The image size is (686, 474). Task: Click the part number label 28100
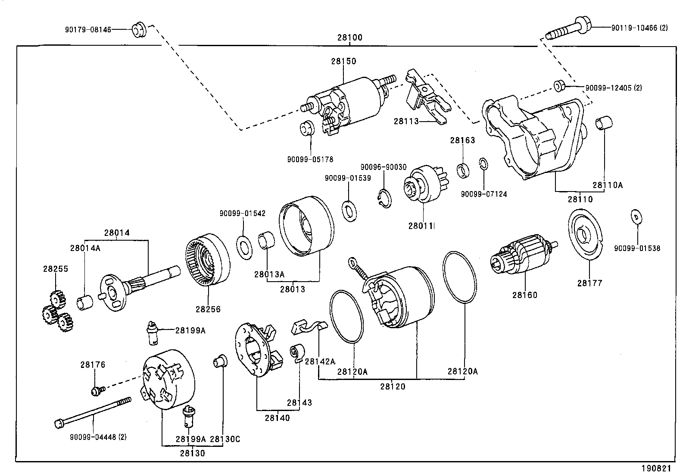[349, 38]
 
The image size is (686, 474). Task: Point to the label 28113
[406, 122]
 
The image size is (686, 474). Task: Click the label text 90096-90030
[383, 167]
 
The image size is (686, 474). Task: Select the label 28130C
[224, 439]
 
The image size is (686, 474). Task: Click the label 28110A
[607, 185]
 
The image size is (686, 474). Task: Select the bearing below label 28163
[464, 169]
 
